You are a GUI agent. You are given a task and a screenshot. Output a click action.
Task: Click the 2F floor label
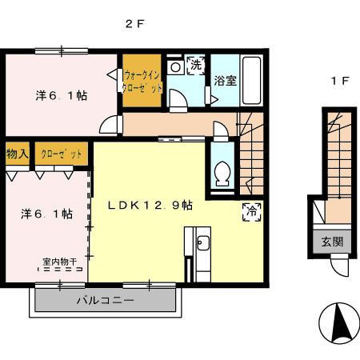click(135, 24)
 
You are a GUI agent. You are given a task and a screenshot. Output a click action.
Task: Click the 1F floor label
click(340, 81)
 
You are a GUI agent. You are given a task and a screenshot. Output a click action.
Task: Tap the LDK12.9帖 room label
click(150, 205)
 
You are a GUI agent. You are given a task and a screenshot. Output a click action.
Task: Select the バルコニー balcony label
click(106, 301)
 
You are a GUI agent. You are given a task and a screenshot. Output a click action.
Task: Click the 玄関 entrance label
click(332, 242)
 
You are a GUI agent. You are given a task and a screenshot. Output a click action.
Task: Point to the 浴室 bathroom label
click(226, 81)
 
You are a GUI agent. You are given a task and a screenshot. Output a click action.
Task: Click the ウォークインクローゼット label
click(142, 81)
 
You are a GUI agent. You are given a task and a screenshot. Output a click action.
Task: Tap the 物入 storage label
click(18, 154)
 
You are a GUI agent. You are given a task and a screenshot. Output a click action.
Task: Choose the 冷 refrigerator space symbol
click(252, 212)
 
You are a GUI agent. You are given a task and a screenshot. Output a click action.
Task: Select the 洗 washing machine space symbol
click(196, 66)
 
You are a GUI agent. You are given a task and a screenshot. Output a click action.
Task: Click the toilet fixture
click(222, 174)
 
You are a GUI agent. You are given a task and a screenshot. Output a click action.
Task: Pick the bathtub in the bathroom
click(251, 80)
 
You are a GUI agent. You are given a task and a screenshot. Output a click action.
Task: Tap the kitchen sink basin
click(203, 243)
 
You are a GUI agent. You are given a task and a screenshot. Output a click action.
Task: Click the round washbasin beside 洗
click(175, 67)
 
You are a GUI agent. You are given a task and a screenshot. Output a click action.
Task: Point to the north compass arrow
click(340, 323)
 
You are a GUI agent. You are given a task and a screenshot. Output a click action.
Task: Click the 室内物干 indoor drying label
click(60, 262)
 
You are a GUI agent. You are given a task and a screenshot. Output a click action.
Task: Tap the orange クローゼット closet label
click(62, 154)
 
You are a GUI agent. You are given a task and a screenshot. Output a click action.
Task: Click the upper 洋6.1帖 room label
click(62, 95)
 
